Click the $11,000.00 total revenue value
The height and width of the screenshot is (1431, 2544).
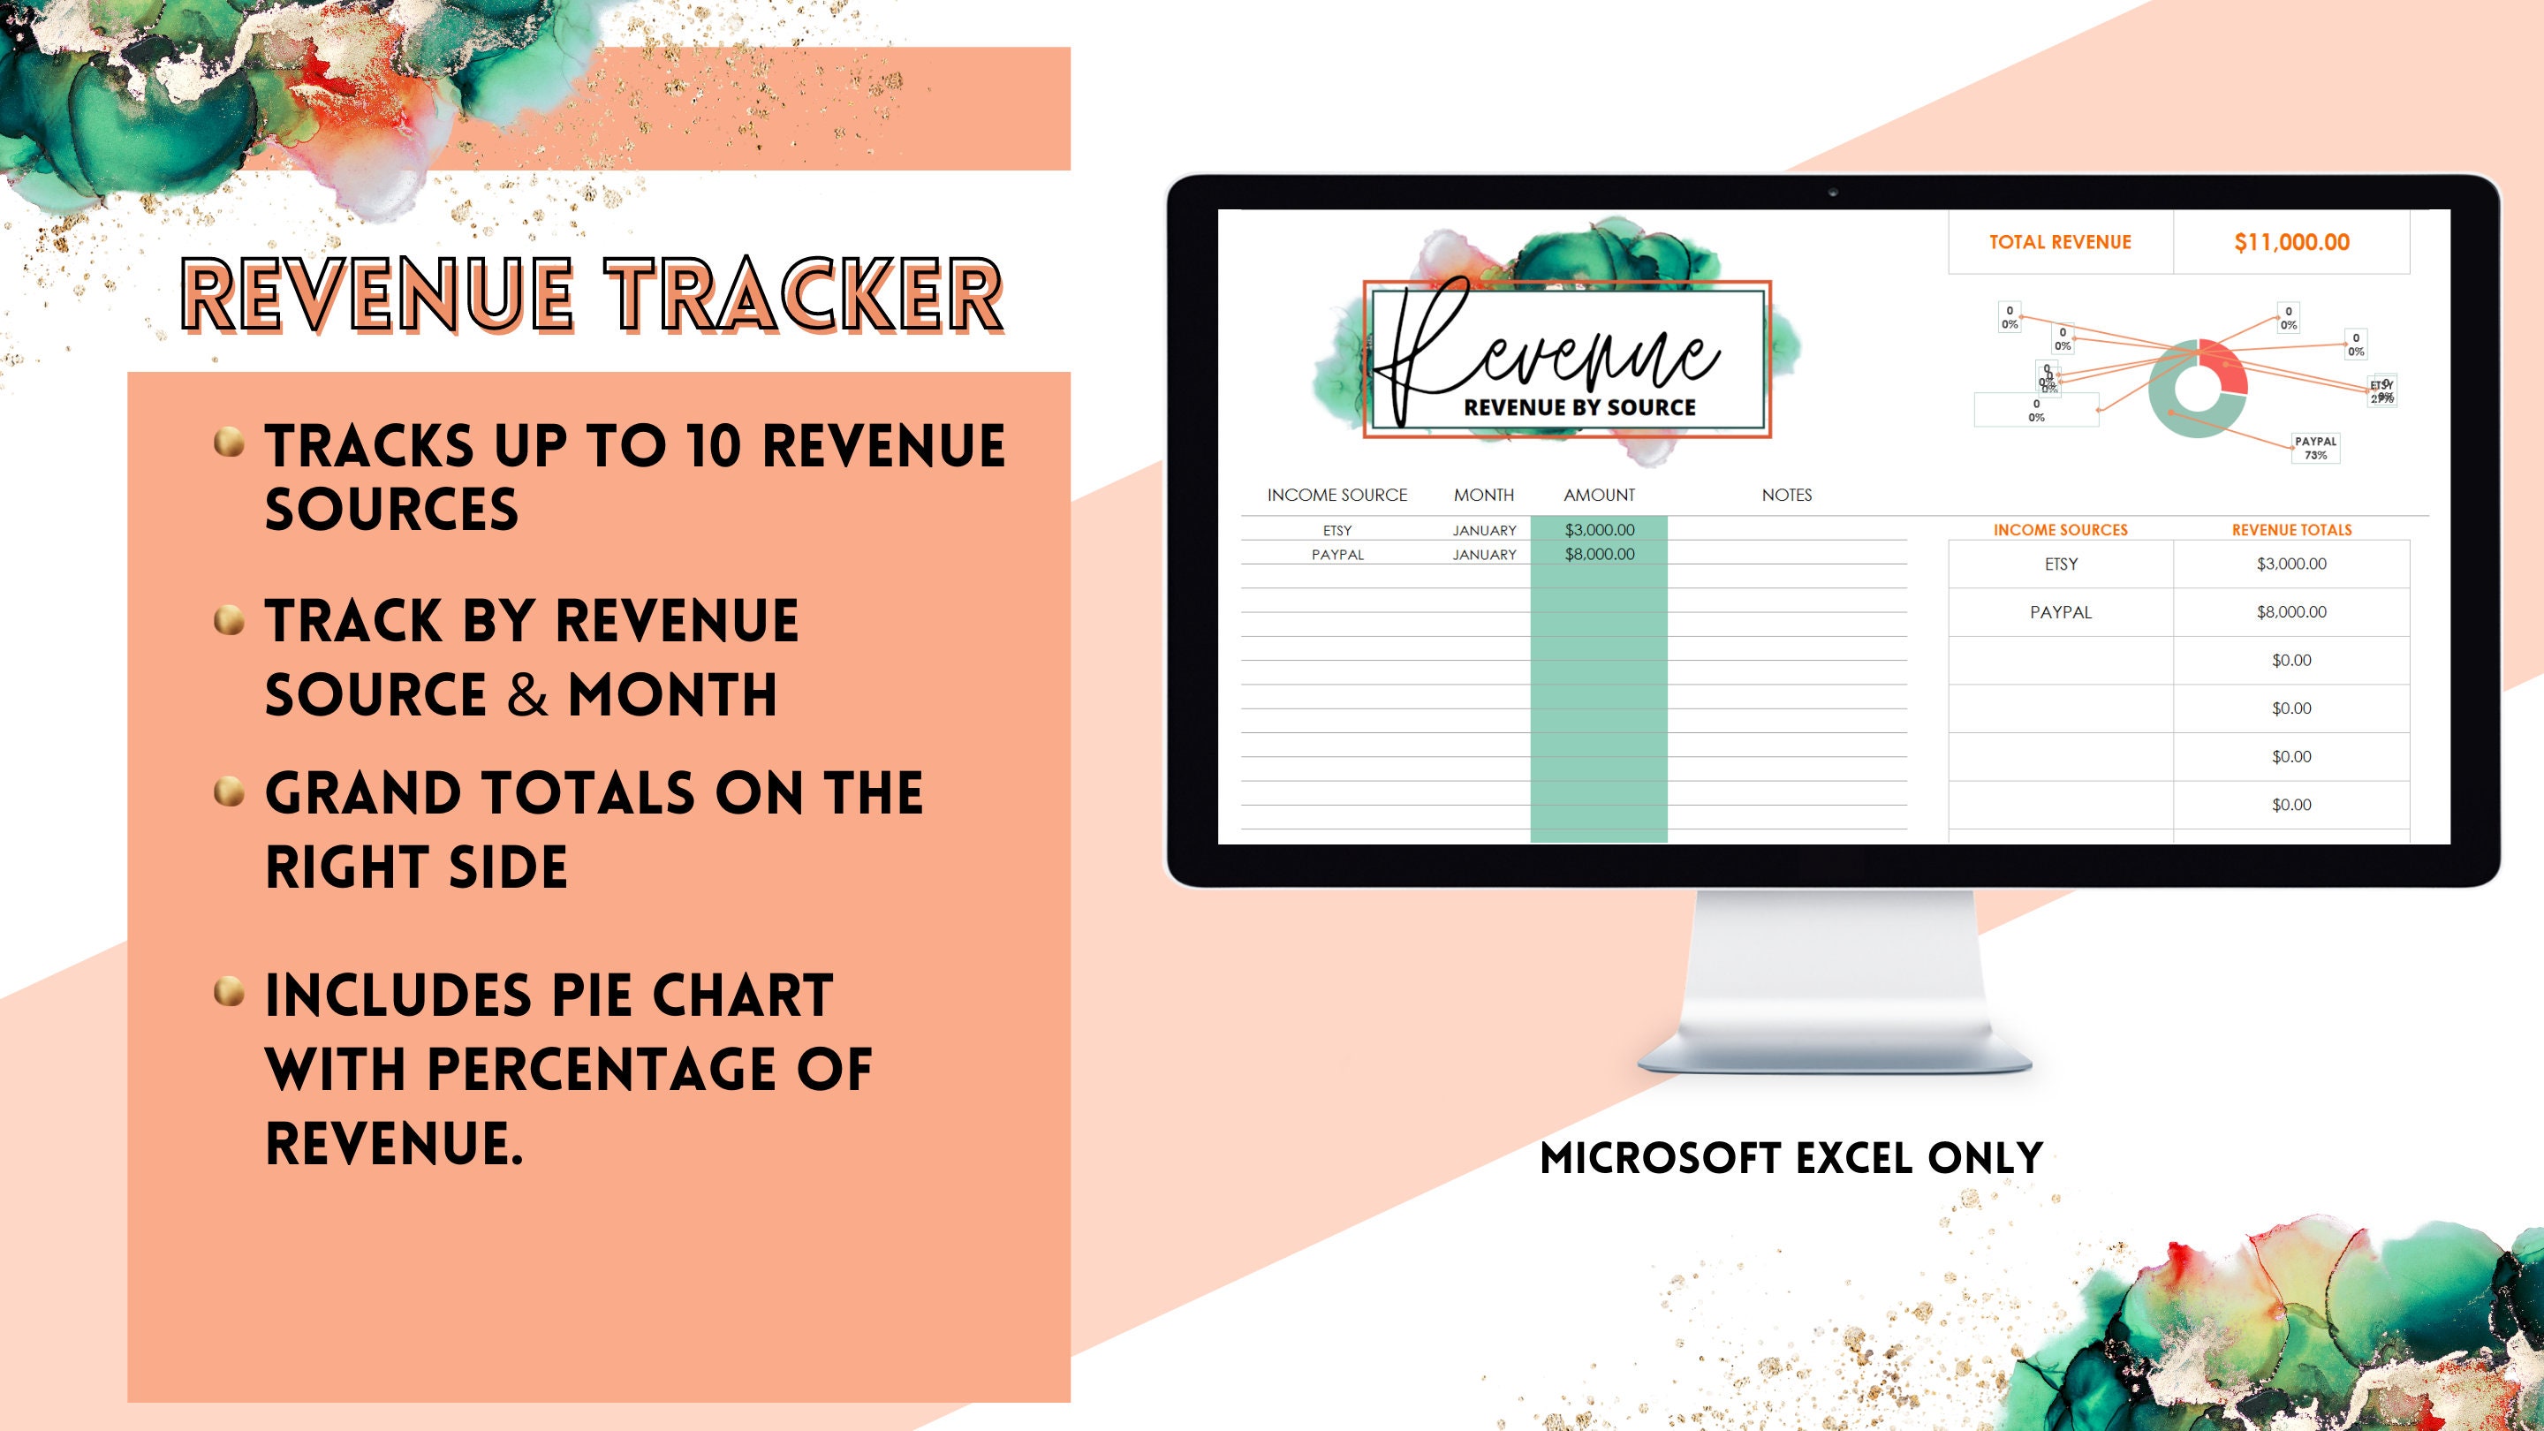(2291, 242)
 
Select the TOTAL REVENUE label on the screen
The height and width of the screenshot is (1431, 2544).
(2060, 242)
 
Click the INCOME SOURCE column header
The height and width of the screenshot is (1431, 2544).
(1337, 495)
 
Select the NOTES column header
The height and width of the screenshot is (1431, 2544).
(1786, 495)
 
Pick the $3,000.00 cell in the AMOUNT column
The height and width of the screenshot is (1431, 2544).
(1599, 530)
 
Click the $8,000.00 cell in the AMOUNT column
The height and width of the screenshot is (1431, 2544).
(1599, 554)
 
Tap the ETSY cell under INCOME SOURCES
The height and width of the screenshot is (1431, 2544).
(2061, 564)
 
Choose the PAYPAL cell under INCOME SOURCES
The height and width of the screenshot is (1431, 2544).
(2061, 612)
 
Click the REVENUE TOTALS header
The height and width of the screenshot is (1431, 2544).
(2291, 530)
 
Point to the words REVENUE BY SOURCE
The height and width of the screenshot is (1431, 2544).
(1579, 407)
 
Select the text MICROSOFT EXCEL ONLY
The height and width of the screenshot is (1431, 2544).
(1791, 1158)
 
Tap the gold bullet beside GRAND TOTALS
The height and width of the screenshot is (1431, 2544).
(229, 792)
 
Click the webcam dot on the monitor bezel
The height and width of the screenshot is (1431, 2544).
(1833, 193)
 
